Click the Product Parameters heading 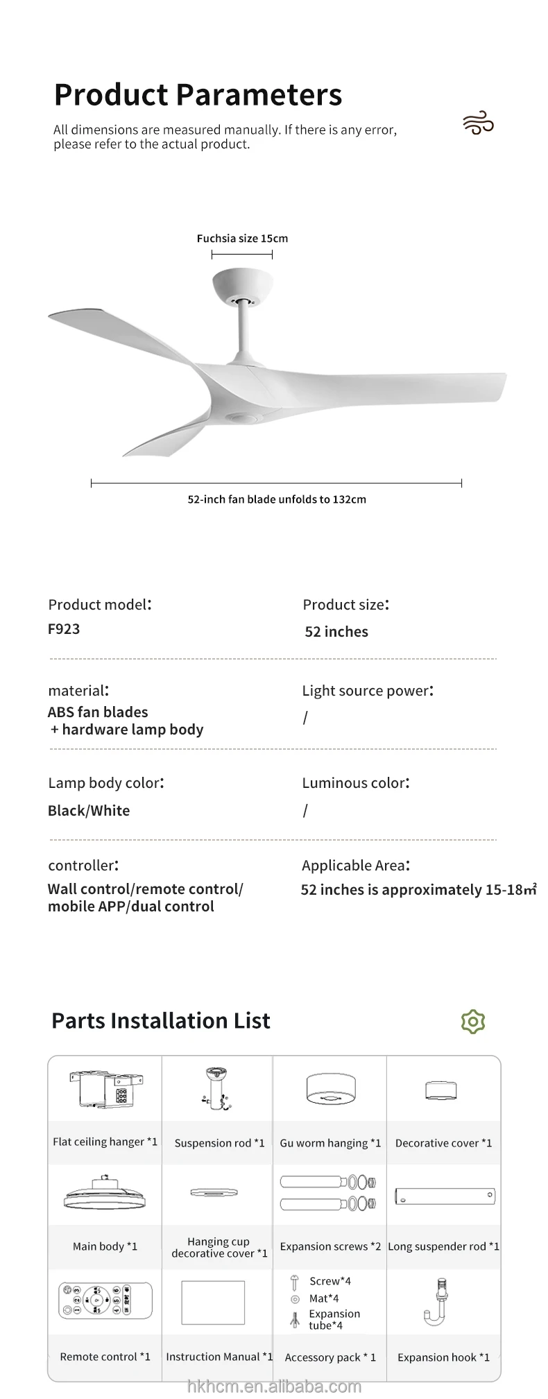click(198, 95)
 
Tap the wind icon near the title click(478, 124)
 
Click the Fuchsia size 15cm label click(242, 239)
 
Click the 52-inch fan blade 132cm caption click(277, 499)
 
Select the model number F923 click(64, 629)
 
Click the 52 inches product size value click(336, 632)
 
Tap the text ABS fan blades click(98, 712)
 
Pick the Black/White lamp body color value click(89, 811)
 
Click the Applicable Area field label click(355, 866)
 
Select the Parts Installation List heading click(161, 1021)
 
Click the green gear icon click(473, 1021)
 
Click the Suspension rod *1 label click(219, 1143)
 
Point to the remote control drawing click(105, 1299)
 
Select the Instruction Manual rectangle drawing click(213, 1302)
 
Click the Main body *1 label click(105, 1246)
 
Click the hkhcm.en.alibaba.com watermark click(275, 1387)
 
